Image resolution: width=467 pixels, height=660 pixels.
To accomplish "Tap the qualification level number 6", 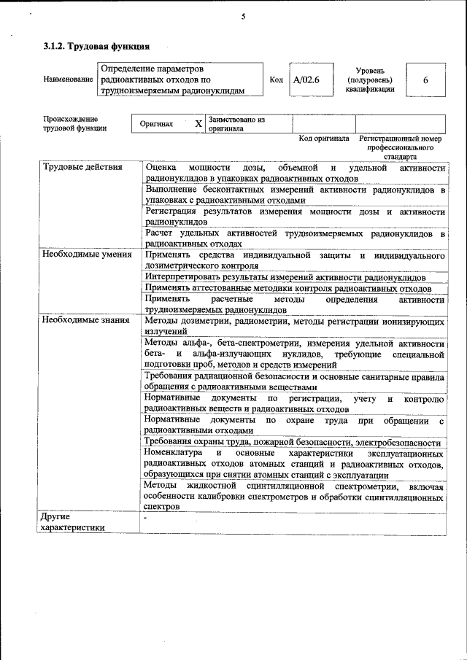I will [x=425, y=79].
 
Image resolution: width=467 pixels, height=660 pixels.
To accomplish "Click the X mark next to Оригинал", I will [x=198, y=124].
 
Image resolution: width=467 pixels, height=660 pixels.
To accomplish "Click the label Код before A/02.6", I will [x=276, y=79].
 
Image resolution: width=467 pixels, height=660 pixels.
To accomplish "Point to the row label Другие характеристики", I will [x=72, y=522].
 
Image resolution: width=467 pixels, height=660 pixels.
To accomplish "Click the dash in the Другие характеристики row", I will [x=146, y=517].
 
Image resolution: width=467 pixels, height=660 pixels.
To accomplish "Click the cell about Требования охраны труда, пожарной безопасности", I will [x=292, y=443].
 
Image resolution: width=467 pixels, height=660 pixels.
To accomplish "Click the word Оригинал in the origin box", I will [x=157, y=124].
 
